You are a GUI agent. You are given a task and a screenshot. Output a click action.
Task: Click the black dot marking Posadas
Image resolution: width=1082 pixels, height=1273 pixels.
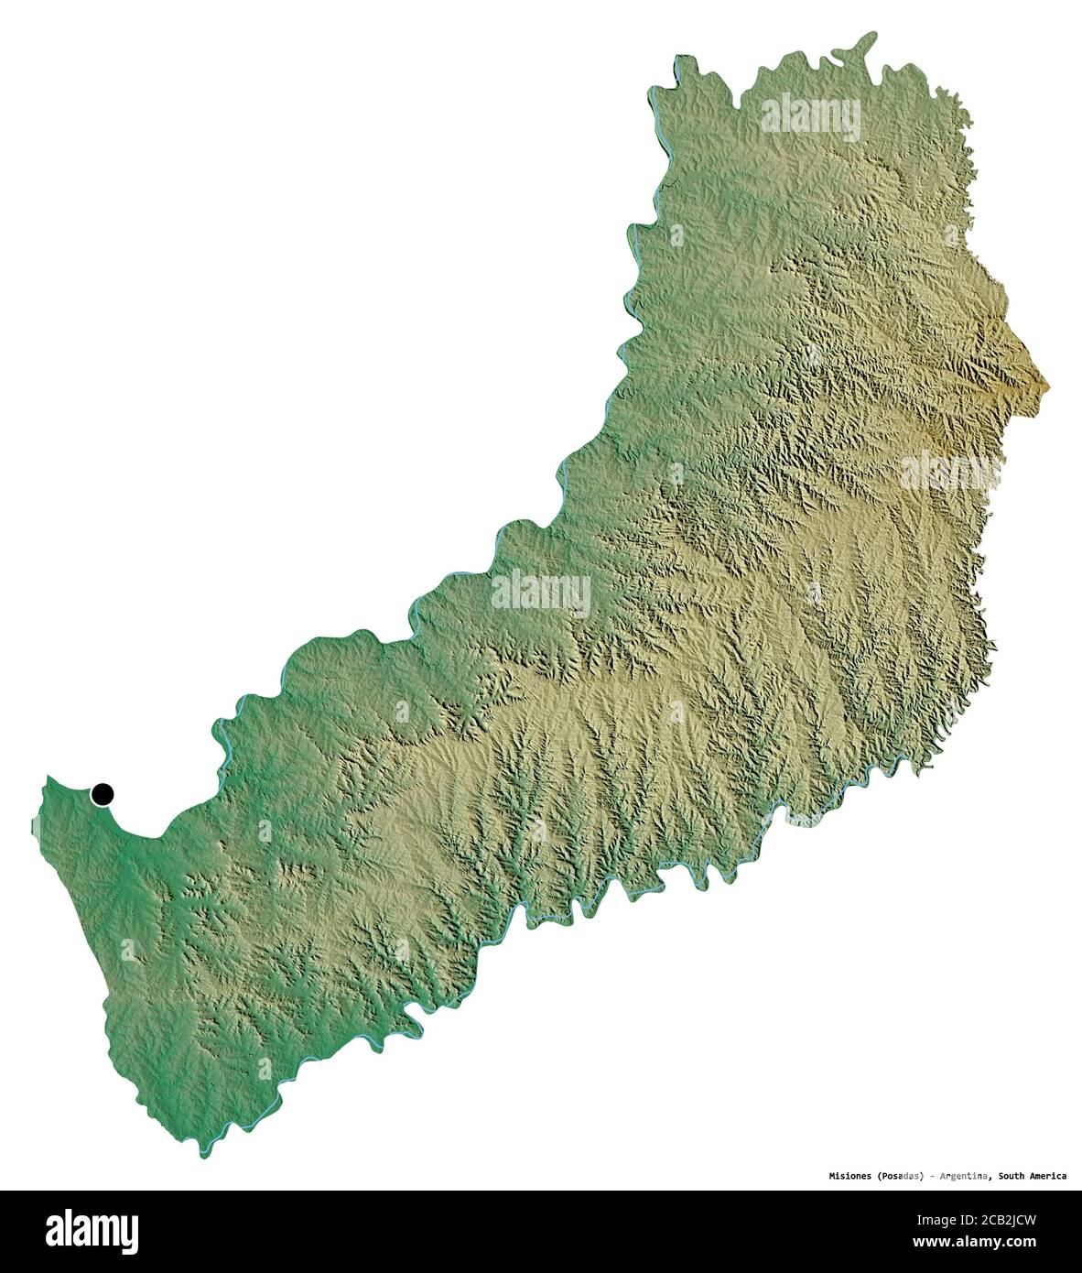[102, 794]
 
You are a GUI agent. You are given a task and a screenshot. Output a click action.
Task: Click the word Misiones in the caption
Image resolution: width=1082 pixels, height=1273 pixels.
[845, 1175]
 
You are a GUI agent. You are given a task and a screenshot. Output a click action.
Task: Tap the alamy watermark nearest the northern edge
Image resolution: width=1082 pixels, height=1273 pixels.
[811, 116]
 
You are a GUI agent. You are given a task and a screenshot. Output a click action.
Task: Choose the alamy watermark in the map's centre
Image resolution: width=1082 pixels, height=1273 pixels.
[541, 593]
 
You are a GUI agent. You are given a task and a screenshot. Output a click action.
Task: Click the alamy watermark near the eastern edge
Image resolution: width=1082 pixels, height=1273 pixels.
[948, 473]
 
